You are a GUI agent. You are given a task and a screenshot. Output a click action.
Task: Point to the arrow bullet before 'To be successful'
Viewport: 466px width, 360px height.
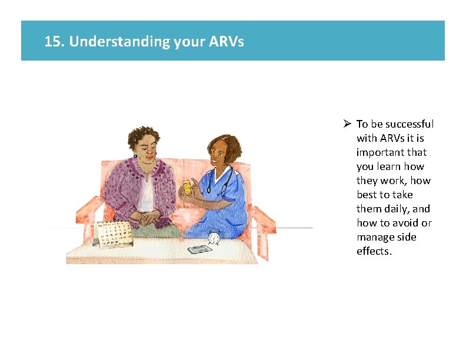[x=348, y=124]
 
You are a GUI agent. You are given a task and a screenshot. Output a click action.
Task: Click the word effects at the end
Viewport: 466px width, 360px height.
[x=373, y=251]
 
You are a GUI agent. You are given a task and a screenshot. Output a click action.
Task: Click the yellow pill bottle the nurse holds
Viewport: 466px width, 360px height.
[x=188, y=187]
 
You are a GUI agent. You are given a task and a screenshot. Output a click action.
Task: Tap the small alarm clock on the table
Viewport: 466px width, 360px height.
[x=214, y=236]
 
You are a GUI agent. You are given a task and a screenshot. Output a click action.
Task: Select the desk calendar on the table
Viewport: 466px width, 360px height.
[x=114, y=234]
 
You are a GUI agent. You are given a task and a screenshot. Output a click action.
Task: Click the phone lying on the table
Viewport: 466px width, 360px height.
[x=199, y=249]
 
